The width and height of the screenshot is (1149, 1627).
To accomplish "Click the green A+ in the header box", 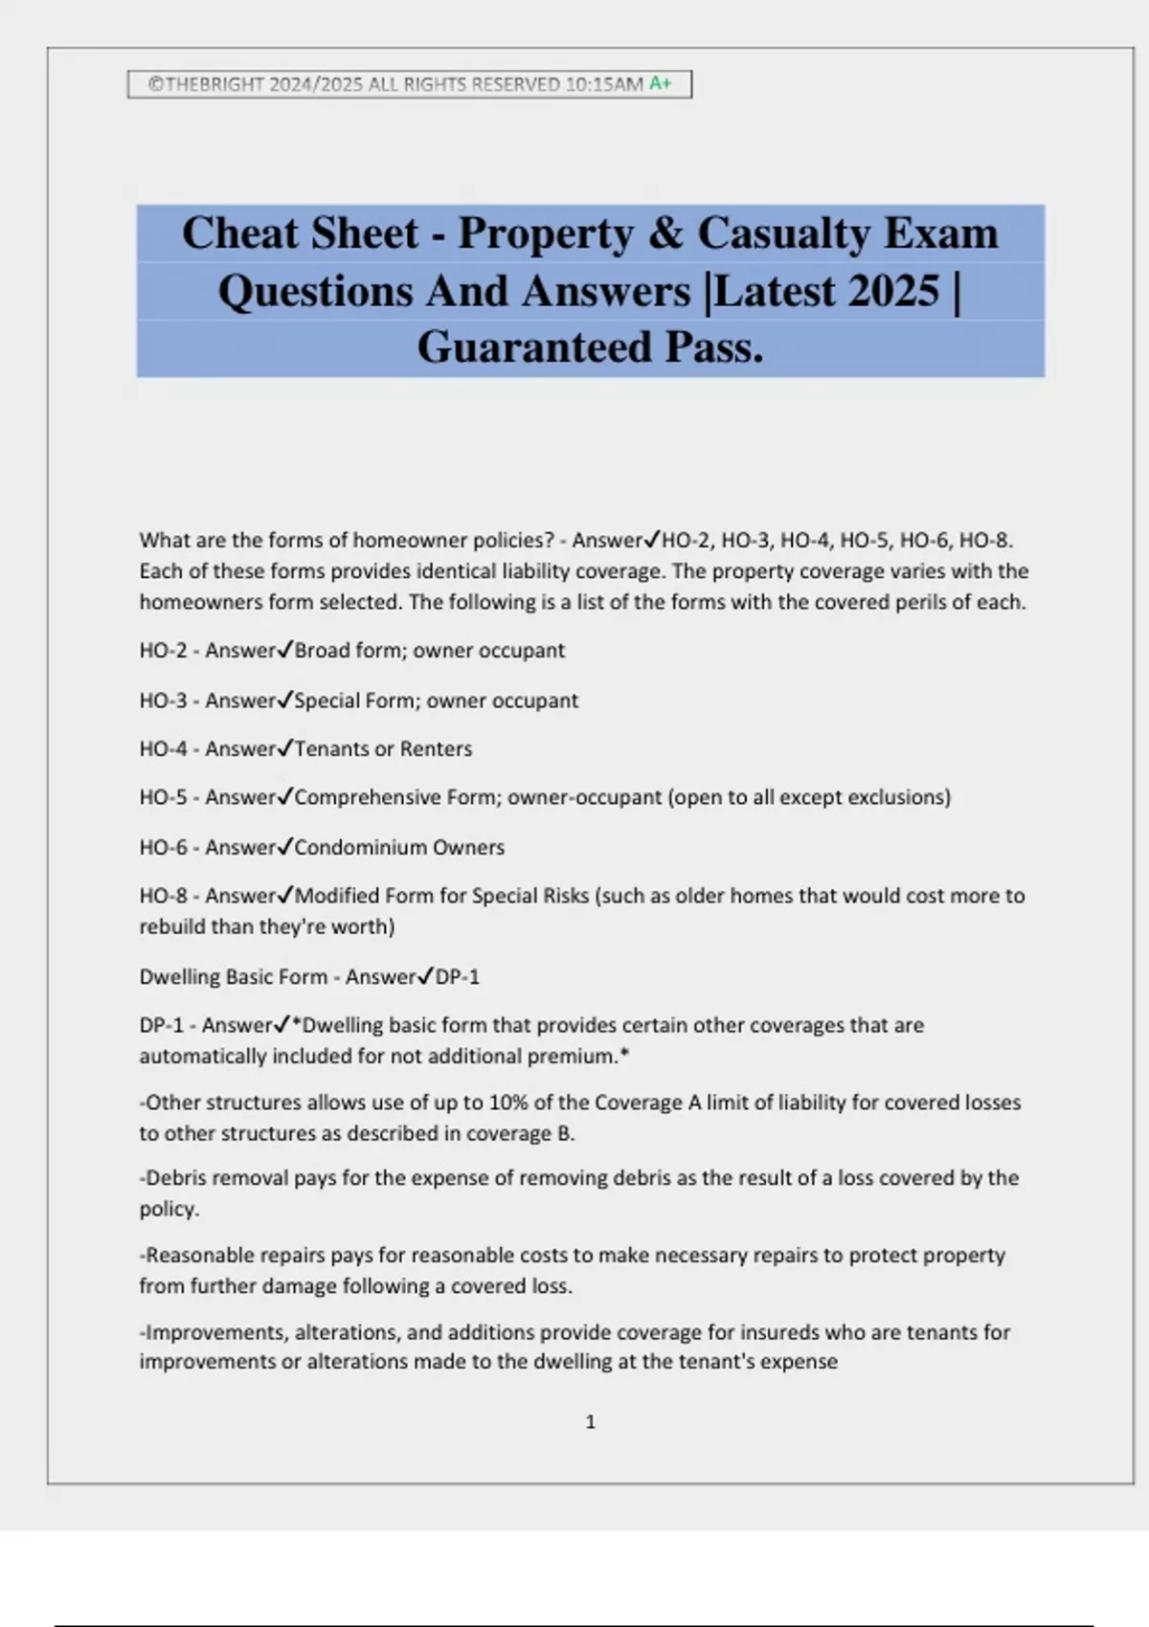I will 661,84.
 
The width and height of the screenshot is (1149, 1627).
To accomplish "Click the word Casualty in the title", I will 783,234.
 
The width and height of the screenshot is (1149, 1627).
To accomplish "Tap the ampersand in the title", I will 665,234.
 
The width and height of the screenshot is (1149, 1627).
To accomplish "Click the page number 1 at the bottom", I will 590,1422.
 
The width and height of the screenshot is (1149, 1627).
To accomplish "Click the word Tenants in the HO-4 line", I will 331,749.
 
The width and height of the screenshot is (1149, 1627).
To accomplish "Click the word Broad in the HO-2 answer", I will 322,651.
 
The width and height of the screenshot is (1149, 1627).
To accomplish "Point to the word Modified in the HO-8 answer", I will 337,897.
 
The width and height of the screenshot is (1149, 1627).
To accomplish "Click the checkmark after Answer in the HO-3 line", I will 284,700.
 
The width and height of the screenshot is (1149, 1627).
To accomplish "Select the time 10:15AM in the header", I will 604,84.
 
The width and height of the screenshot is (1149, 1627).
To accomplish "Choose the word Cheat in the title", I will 236,234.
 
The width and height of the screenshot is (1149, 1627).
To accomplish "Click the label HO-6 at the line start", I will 163,848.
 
